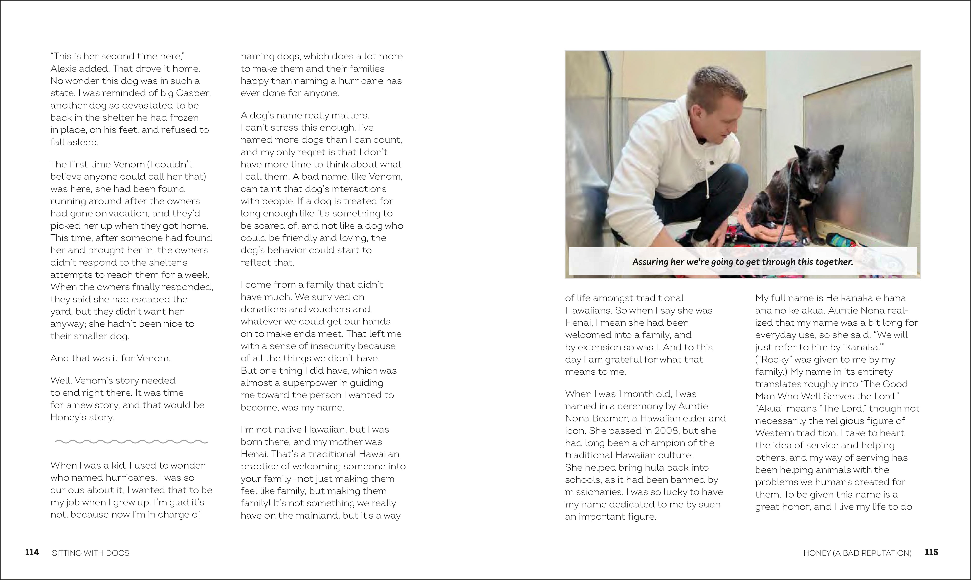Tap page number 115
click(x=932, y=552)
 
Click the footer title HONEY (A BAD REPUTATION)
click(x=857, y=553)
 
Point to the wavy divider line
click(x=132, y=442)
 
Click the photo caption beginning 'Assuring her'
click(x=742, y=262)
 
